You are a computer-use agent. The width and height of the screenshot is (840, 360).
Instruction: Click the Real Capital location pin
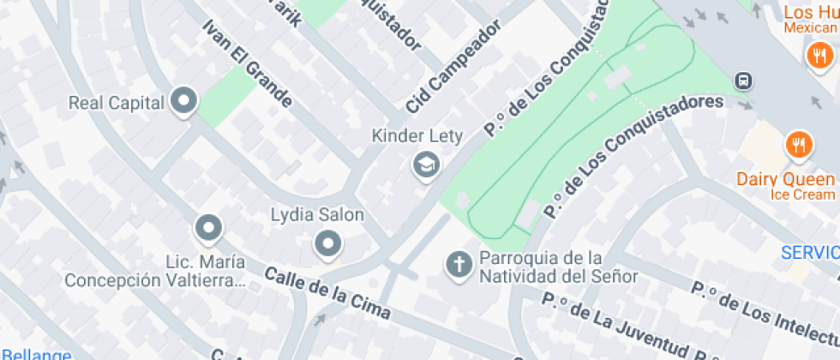click(183, 102)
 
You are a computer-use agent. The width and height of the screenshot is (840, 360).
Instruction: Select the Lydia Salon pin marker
click(328, 244)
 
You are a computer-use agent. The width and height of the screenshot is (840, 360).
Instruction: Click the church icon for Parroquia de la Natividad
click(459, 265)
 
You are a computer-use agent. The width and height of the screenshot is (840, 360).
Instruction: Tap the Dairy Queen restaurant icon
click(799, 143)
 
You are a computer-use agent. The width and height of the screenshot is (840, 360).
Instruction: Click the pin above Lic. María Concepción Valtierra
click(208, 228)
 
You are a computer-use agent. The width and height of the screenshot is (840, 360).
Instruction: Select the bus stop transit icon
click(743, 81)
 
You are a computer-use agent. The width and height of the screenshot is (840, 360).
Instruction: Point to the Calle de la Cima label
click(327, 293)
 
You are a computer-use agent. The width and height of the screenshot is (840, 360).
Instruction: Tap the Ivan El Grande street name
click(247, 63)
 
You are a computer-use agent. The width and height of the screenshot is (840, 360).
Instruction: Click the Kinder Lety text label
click(417, 135)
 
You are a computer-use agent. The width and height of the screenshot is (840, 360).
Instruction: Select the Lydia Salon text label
click(317, 215)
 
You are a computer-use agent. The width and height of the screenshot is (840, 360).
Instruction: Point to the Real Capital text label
click(117, 103)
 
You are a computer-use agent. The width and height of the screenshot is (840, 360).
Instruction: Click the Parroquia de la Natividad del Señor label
click(558, 267)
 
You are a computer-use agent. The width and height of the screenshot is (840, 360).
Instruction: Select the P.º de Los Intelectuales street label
click(763, 309)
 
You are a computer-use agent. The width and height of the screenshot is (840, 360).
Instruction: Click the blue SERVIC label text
click(809, 253)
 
